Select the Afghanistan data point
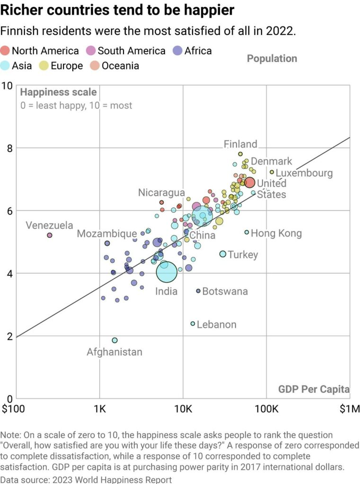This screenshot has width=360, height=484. point(114,340)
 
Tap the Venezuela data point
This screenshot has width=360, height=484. point(50,235)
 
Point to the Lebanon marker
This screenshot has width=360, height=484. point(193,324)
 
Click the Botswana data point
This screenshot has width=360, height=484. point(198,291)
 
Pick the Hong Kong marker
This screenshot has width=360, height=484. point(246,232)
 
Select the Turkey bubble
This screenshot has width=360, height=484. point(223,254)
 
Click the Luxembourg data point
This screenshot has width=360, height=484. point(272,172)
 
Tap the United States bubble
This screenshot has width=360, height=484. point(250,182)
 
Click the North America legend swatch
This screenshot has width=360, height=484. point(6,51)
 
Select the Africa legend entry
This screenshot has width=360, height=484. point(197,51)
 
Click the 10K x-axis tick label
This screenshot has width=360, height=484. point(183,407)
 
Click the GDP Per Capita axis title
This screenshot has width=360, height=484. point(314,389)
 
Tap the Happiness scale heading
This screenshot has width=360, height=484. point(59,92)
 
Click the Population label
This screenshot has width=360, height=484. point(272,59)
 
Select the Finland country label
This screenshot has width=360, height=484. point(240,144)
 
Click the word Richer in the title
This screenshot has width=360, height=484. point(23,9)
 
